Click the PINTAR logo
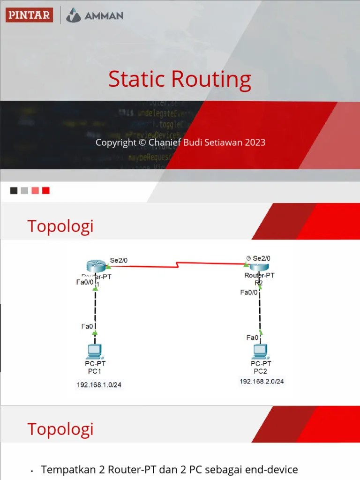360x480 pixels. tap(29, 15)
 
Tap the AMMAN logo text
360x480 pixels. tap(104, 15)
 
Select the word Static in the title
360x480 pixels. tap(135, 79)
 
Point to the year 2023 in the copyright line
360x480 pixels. tap(255, 142)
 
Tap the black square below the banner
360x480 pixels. tap(14, 191)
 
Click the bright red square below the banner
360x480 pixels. tap(45, 191)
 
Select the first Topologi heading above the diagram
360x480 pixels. tap(60, 226)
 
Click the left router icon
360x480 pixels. tap(97, 266)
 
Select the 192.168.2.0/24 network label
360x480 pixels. tap(262, 382)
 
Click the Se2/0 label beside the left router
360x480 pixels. tap(119, 259)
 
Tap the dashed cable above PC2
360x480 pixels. tap(260, 312)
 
